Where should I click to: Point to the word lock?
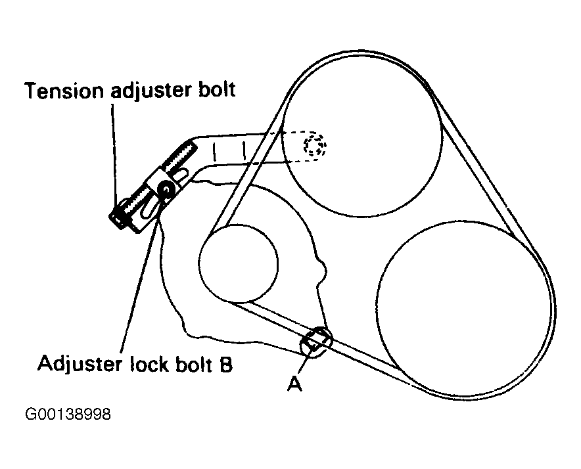point(147,363)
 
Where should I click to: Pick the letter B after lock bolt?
point(225,364)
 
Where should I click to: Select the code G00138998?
point(68,415)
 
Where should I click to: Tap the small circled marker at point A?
point(315,341)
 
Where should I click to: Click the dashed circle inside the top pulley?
point(314,146)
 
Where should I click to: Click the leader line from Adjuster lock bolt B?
point(141,276)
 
